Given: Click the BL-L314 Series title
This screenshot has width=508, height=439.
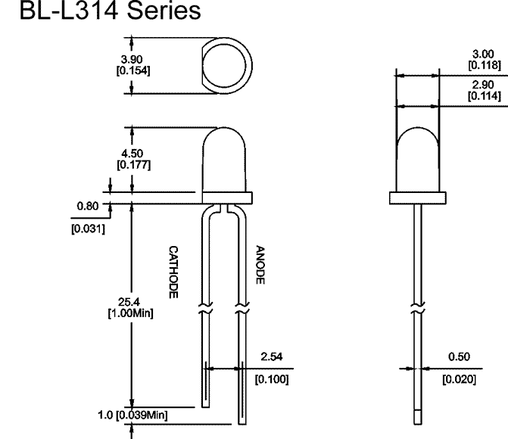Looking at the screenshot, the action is (110, 11).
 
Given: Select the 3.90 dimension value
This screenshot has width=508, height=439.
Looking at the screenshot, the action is (132, 59).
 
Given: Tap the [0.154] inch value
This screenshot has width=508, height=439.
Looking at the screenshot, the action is (133, 70).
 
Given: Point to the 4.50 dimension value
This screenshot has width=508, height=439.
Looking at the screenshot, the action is (132, 153).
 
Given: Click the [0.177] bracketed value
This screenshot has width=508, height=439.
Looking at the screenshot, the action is (134, 164).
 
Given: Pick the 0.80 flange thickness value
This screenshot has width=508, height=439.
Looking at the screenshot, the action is (88, 206).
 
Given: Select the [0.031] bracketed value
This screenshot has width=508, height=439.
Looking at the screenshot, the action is (88, 229).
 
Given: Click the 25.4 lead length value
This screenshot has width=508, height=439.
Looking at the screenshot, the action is (129, 302).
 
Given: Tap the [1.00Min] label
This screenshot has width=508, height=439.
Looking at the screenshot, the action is (130, 313).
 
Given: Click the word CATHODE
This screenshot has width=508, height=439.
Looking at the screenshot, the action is (173, 272).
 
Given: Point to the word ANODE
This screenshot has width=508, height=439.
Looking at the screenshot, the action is (260, 265).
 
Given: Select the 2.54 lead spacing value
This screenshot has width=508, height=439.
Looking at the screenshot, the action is (272, 356).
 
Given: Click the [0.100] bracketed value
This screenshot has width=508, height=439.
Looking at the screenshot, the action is (272, 379).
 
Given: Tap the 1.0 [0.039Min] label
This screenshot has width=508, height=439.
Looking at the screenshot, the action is (132, 415).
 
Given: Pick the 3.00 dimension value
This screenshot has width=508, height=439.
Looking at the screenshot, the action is (483, 54).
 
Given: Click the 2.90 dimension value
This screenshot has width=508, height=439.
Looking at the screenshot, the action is (483, 85).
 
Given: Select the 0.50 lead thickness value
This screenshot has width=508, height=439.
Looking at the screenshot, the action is (459, 356).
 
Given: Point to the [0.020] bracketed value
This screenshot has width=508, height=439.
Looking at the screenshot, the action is (460, 379).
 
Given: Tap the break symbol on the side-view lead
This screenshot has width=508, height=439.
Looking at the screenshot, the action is (418, 308).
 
